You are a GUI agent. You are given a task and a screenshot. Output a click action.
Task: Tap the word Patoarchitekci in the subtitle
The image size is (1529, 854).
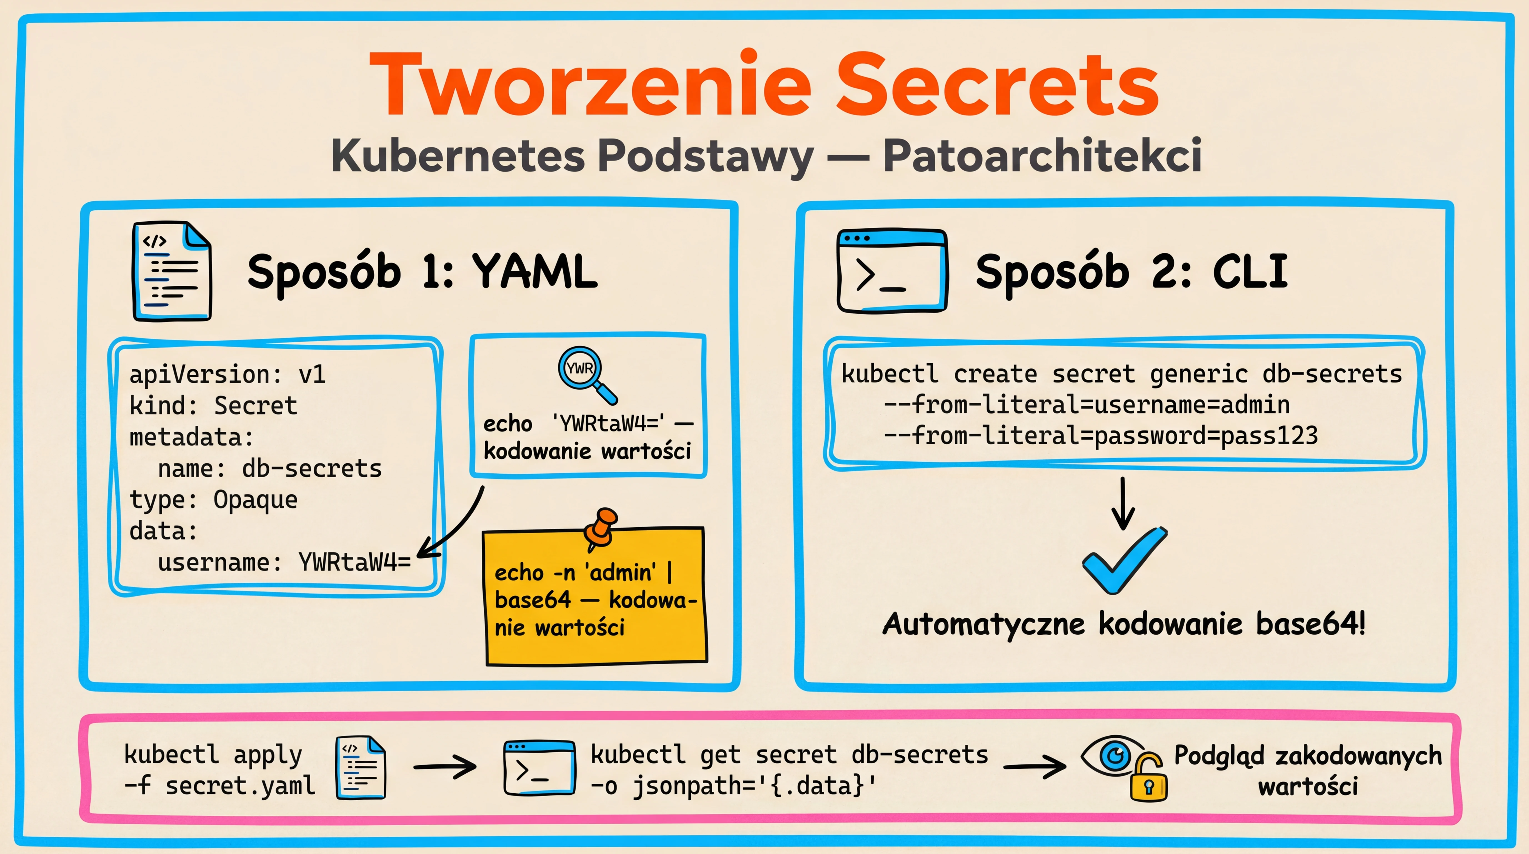[x=1042, y=156]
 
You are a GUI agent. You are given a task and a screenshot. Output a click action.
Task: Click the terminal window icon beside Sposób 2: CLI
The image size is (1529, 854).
[x=891, y=271]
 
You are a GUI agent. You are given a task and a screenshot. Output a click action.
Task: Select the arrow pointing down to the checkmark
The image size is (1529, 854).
[x=1122, y=504]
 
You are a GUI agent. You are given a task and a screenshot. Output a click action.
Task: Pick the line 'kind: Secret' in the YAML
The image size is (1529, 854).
[x=213, y=406]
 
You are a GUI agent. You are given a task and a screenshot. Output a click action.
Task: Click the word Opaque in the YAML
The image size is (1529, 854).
[x=255, y=500]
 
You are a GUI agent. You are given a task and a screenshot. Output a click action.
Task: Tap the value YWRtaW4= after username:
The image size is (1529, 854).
[x=354, y=562]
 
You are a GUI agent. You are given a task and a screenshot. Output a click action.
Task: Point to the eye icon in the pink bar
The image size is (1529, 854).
[x=1111, y=755]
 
